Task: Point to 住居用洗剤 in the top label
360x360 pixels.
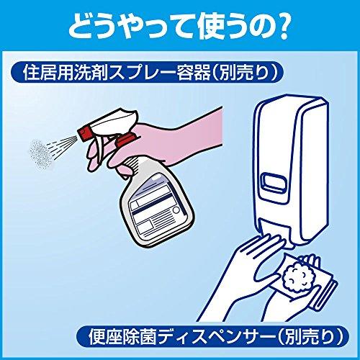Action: click(60, 72)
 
